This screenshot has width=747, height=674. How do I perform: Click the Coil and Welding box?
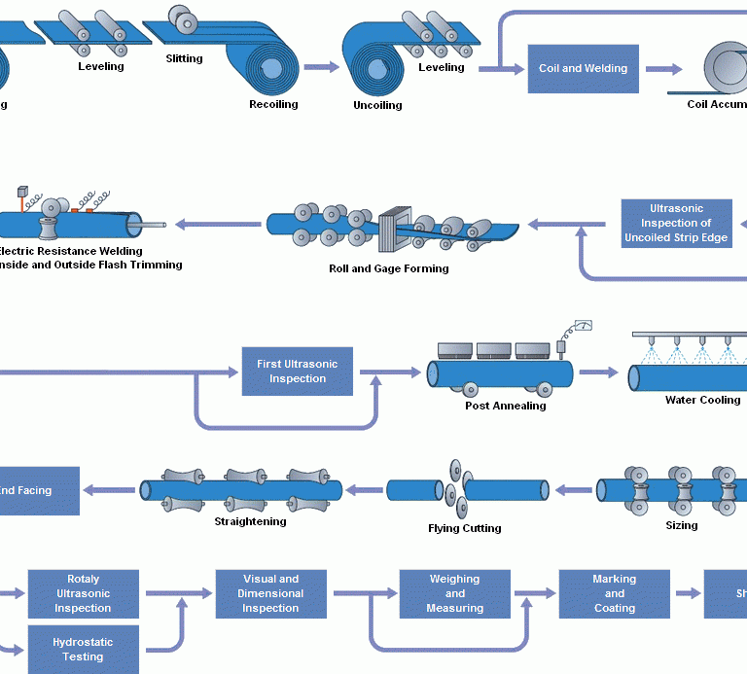(x=583, y=69)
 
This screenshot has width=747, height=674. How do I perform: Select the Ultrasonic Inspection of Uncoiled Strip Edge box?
(x=676, y=223)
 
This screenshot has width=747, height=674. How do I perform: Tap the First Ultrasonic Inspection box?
(x=297, y=371)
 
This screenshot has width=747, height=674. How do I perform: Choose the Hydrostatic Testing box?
(x=83, y=650)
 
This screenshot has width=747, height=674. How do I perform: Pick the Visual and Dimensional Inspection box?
(x=270, y=593)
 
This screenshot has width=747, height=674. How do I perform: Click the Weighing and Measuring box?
(x=454, y=593)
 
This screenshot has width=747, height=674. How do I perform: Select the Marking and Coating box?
(x=614, y=593)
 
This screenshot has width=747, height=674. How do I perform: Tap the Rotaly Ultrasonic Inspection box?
(x=83, y=593)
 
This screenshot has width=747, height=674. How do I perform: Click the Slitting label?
(x=184, y=58)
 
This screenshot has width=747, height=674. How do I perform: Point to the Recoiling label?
(x=273, y=104)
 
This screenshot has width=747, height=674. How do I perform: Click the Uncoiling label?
(x=377, y=105)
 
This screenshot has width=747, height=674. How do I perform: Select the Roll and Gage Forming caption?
(x=389, y=268)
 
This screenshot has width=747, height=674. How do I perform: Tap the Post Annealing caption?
(x=505, y=406)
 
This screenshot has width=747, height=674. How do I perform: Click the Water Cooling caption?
(x=702, y=400)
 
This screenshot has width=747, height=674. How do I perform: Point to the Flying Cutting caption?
(x=465, y=528)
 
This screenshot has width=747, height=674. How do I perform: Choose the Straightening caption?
(x=250, y=521)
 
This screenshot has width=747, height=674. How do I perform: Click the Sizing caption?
(x=681, y=525)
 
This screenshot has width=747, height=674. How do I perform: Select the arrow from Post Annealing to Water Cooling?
(x=598, y=372)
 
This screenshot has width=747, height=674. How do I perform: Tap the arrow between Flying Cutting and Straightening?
(x=365, y=489)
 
